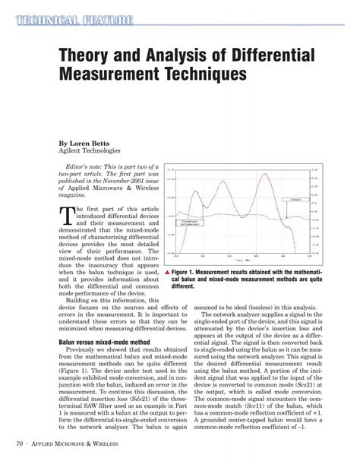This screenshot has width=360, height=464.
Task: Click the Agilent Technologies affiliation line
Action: [95, 151]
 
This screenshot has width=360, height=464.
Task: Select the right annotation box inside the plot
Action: [292, 199]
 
